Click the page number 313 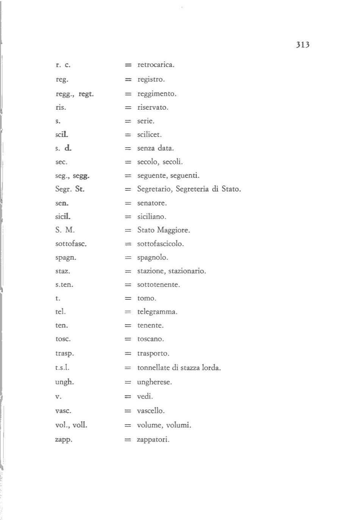pos(303,45)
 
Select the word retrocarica pos(156,65)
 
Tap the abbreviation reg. pos(62,79)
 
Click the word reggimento pos(157,94)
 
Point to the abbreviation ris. pos(61,107)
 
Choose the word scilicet pos(149,135)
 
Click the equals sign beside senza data pos(128,148)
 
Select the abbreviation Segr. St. pos(70,189)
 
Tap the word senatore pos(152,203)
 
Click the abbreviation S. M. pos(65,230)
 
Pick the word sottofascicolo pos(160,244)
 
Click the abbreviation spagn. pos(65,258)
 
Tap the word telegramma pos(157,312)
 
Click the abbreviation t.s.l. pos(62,367)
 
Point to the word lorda pos(211,368)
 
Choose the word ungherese pos(154,382)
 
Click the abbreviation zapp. pos(64,440)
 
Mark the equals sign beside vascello pos(128,411)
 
